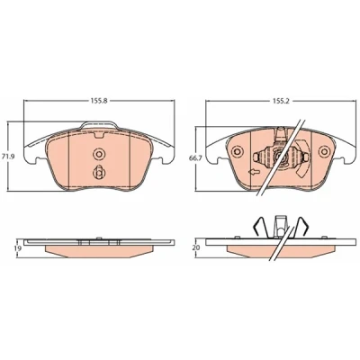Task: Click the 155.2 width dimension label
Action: (280, 101)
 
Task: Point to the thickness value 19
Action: (17, 248)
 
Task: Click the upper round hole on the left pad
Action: (99, 154)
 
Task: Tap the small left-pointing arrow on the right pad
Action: (254, 172)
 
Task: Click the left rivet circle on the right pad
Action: (237, 151)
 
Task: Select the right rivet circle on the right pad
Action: (324, 151)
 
